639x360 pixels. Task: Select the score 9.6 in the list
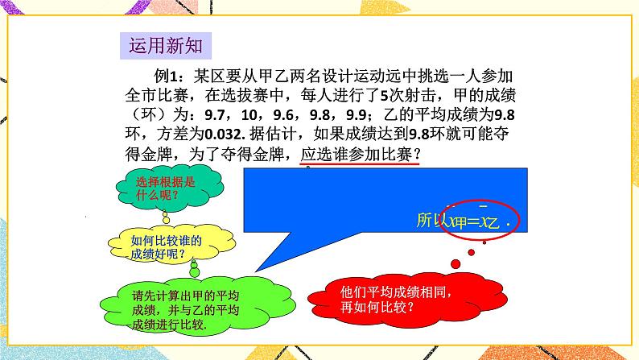click(284, 114)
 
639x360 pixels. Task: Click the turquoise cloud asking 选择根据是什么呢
click(159, 188)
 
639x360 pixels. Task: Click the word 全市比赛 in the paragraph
click(157, 95)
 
